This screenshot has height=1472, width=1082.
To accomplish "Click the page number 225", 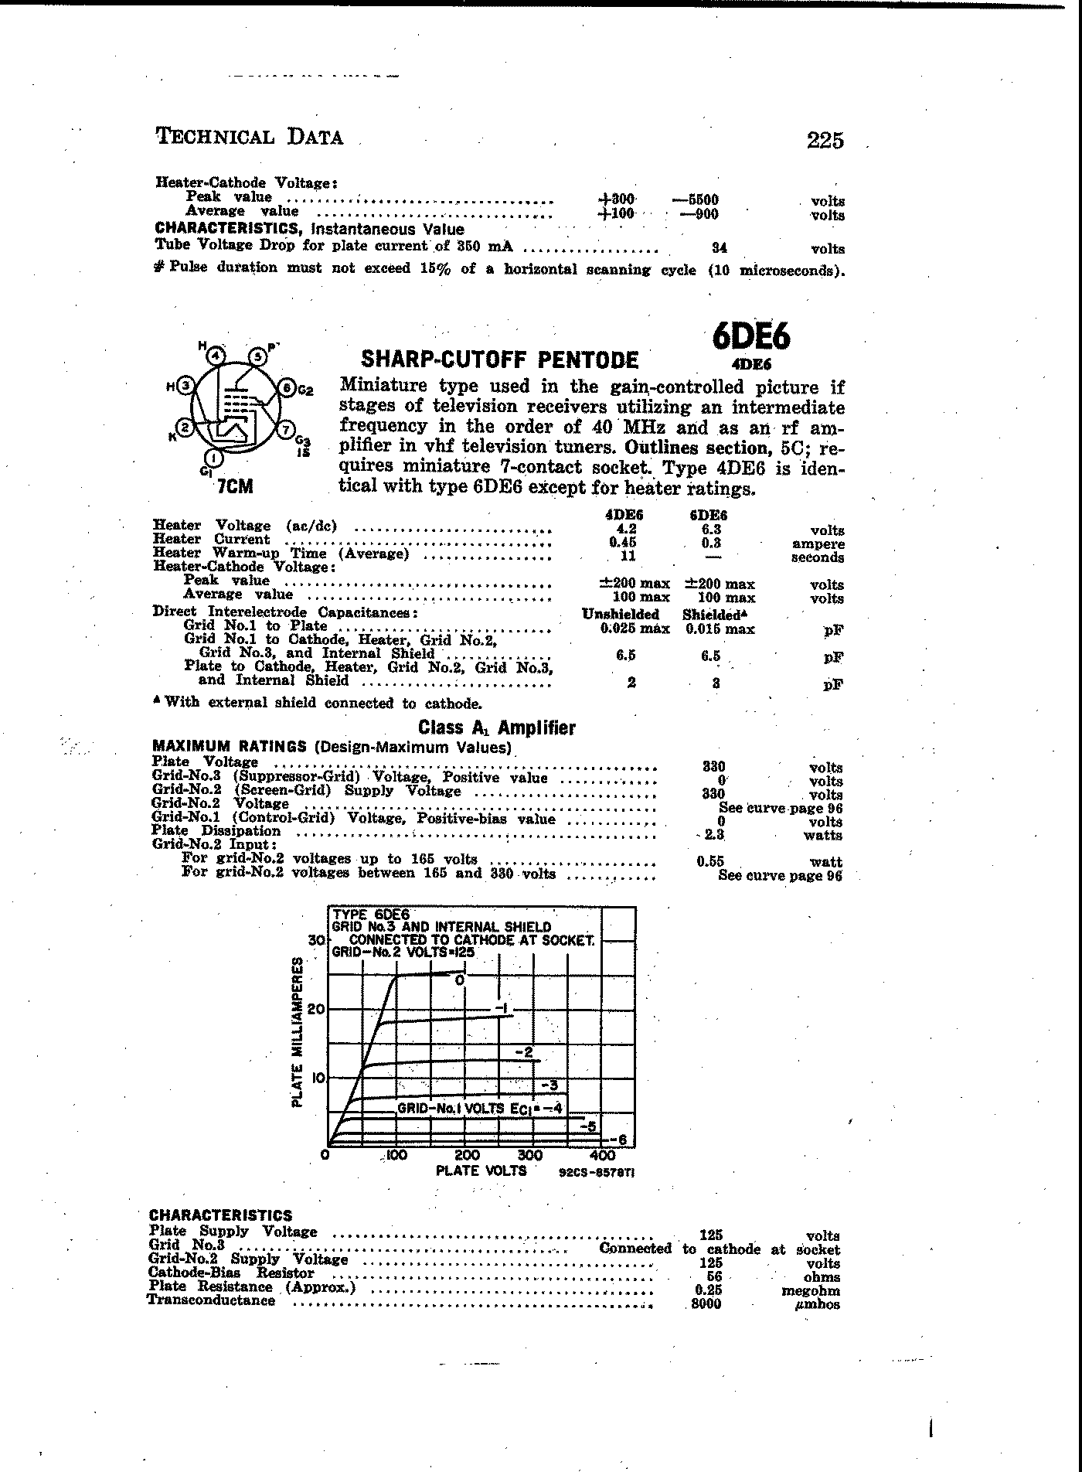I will (825, 140).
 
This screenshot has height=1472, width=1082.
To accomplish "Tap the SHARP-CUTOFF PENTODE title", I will (500, 359).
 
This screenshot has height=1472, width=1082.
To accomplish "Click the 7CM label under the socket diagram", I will (235, 487).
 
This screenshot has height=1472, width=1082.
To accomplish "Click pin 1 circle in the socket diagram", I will (214, 458).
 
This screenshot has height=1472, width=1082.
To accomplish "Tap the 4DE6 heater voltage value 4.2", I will (624, 530).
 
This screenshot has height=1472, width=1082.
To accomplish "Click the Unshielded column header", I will (620, 614).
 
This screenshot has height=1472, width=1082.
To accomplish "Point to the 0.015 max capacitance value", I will (720, 629).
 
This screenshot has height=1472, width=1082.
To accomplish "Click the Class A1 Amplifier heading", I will (496, 727).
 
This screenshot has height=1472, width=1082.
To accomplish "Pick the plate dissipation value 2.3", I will (713, 835).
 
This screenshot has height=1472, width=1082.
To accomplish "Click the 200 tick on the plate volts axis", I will (466, 1156).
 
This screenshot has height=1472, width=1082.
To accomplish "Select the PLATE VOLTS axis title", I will (481, 1170).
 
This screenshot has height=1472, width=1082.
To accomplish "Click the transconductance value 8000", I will (706, 1304).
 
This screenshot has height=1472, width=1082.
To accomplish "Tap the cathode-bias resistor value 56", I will (714, 1276).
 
